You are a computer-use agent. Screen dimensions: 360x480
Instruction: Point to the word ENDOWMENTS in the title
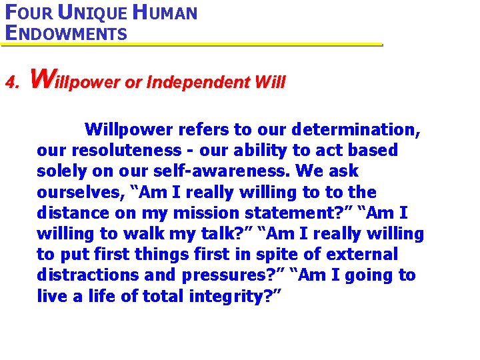pos(65,33)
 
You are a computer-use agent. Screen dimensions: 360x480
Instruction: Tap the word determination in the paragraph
pos(361,129)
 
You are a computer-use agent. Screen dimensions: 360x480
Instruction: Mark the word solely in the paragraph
pos(61,171)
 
